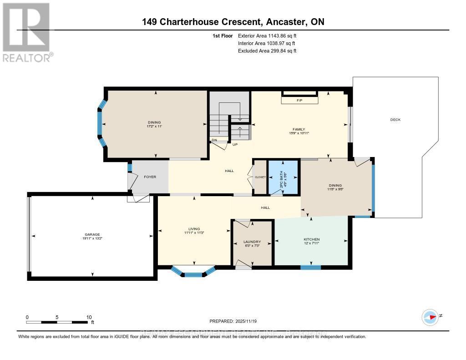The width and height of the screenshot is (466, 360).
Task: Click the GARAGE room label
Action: coord(91,234)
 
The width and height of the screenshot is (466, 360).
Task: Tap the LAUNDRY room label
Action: coord(252,242)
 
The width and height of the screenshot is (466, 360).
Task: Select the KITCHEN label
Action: coord(312,239)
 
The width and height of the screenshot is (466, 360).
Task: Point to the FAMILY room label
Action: coord(299,129)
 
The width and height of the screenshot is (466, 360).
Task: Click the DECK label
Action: coord(395,120)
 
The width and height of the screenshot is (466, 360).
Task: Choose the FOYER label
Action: coord(149,177)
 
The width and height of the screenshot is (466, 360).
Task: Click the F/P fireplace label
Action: coord(299,100)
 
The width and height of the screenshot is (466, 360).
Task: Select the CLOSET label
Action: coord(260,177)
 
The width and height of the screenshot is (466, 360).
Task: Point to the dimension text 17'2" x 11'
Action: coord(155,126)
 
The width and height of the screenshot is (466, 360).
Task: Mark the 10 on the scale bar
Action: coord(89,317)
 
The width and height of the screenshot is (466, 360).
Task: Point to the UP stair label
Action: coord(235,145)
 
